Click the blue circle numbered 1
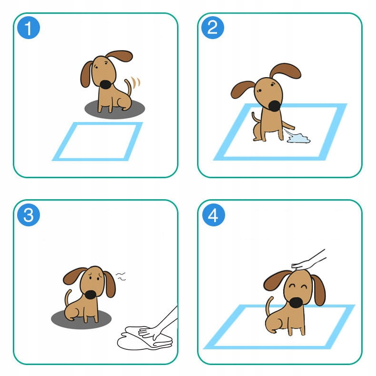pyautogui.click(x=29, y=28)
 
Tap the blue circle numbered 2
pyautogui.click(x=212, y=28)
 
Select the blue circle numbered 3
pyautogui.click(x=29, y=214)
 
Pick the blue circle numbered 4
pyautogui.click(x=213, y=214)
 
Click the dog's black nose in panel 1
pyautogui.click(x=106, y=84)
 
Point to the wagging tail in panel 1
pyautogui.click(x=129, y=87)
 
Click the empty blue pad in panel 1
pyautogui.click(x=98, y=142)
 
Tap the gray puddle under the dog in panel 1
pyautogui.click(x=115, y=110)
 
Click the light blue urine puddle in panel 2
pyautogui.click(x=298, y=139)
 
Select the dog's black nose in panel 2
pyautogui.click(x=274, y=106)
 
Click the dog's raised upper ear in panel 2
pyautogui.click(x=286, y=71)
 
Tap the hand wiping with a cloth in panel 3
pyautogui.click(x=158, y=324)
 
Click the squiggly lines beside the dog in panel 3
pyautogui.click(x=120, y=276)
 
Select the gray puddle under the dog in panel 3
pyautogui.click(x=81, y=319)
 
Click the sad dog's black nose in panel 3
pyautogui.click(x=90, y=295)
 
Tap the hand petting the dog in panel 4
pyautogui.click(x=308, y=260)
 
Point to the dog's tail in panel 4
pyautogui.click(x=269, y=305)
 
